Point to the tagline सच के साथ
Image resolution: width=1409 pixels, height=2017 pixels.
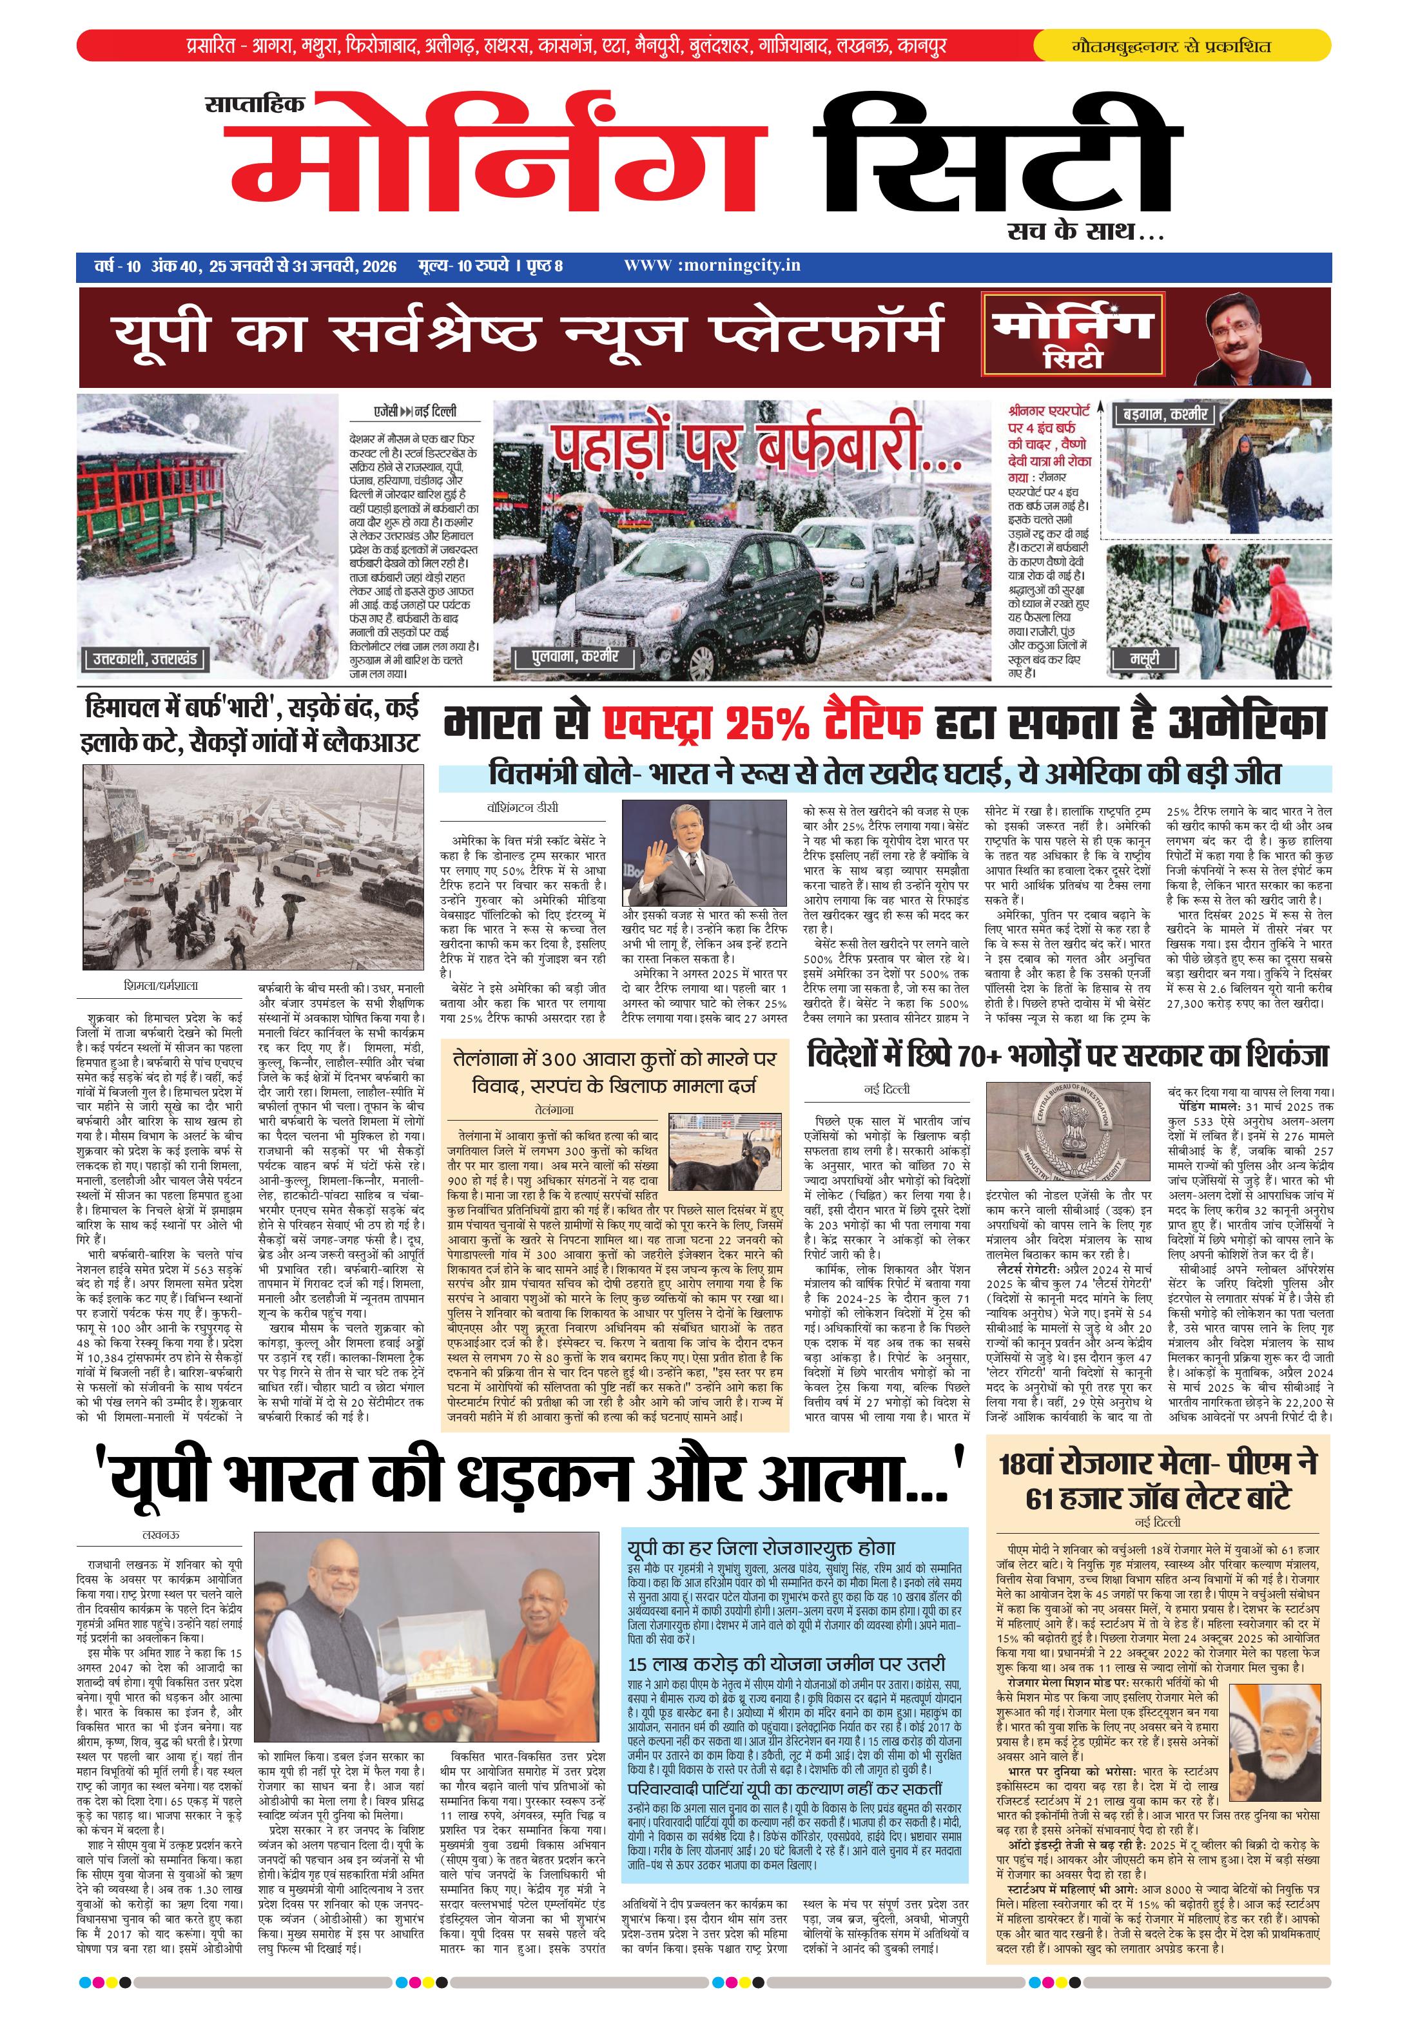[1085, 232]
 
